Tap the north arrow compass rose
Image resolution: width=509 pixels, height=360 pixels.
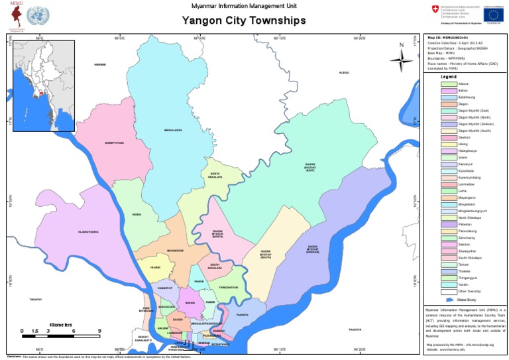[400, 60]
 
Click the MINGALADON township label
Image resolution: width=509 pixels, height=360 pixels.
[172, 130]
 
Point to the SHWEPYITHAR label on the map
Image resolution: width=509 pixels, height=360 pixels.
[114, 142]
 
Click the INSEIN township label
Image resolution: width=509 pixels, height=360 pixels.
[137, 214]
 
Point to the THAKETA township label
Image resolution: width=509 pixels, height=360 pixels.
[242, 315]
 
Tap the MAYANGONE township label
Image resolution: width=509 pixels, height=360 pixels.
[175, 250]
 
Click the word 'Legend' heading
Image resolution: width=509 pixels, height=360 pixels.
[449, 77]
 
